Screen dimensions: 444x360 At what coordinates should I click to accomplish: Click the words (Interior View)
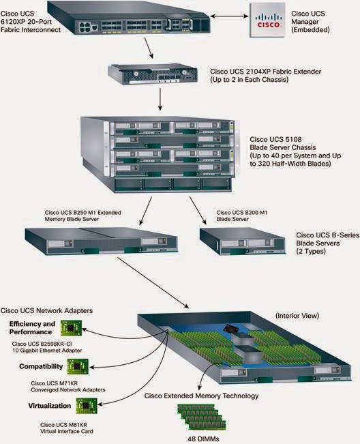click(x=298, y=316)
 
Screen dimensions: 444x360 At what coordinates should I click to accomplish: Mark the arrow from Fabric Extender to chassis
click(x=159, y=100)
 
